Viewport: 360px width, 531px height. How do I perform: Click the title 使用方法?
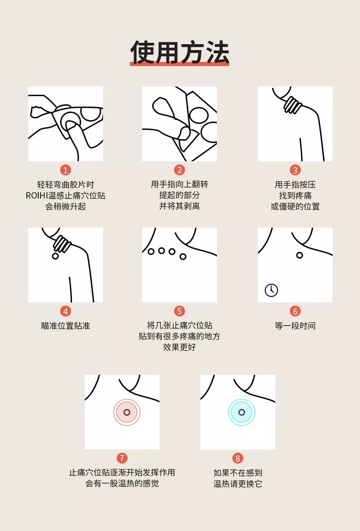(x=180, y=52)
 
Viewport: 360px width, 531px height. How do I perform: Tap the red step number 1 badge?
(x=66, y=170)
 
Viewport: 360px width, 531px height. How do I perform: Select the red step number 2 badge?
(x=180, y=170)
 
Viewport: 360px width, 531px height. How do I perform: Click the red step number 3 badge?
(x=295, y=170)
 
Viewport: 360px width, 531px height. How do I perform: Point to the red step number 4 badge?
(x=66, y=311)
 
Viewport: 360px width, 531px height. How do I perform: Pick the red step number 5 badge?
(x=180, y=311)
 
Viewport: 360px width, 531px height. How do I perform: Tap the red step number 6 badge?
(x=295, y=311)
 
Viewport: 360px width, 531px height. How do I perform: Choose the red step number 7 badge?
(x=122, y=458)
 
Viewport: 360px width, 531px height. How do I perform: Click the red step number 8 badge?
(x=237, y=458)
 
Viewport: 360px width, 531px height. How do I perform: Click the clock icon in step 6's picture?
(x=271, y=290)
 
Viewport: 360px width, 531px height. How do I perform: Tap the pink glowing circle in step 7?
(x=127, y=412)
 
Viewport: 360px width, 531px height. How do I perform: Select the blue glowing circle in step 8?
(x=242, y=412)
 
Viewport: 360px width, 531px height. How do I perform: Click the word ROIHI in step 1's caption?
(x=37, y=195)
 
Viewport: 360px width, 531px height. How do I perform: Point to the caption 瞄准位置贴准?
(x=66, y=326)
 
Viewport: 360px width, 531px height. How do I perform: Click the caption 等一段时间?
(x=295, y=326)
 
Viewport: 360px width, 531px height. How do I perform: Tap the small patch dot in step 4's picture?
(x=55, y=256)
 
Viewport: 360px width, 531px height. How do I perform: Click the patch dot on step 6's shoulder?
(x=300, y=255)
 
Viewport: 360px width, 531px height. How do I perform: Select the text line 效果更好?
(x=180, y=347)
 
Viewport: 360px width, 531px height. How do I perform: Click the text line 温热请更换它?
(x=237, y=484)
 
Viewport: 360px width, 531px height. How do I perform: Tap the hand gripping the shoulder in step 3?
(x=292, y=105)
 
